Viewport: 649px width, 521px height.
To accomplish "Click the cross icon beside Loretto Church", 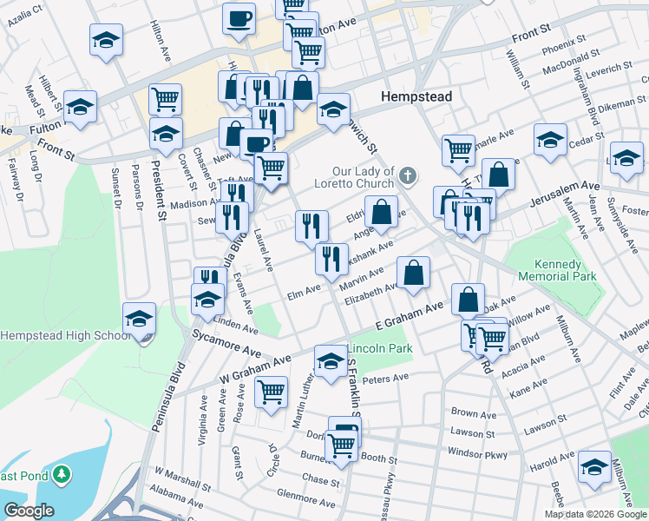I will click(410, 177).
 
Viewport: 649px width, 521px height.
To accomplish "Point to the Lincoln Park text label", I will click(380, 348).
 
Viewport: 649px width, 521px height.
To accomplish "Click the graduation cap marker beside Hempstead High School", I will click(138, 319).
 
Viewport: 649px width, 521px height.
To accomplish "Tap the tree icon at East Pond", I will click(62, 474).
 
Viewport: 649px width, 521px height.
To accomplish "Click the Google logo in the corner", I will click(28, 510).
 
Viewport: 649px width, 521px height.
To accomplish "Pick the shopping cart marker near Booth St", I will click(342, 446).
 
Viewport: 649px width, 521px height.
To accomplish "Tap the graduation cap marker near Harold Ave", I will click(594, 466).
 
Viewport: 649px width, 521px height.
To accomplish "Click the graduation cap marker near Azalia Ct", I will click(106, 40).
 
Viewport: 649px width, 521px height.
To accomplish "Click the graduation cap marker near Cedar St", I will click(550, 140).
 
